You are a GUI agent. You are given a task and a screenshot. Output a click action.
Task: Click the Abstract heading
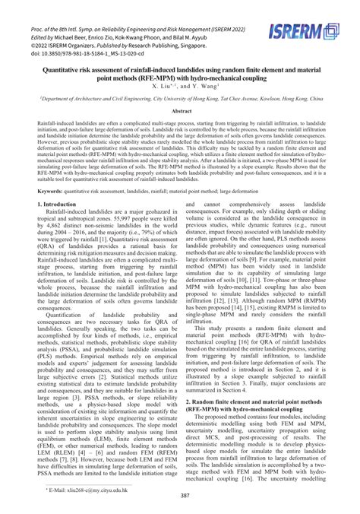pos(180,111)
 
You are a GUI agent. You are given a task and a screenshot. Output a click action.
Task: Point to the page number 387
pos(185,495)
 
